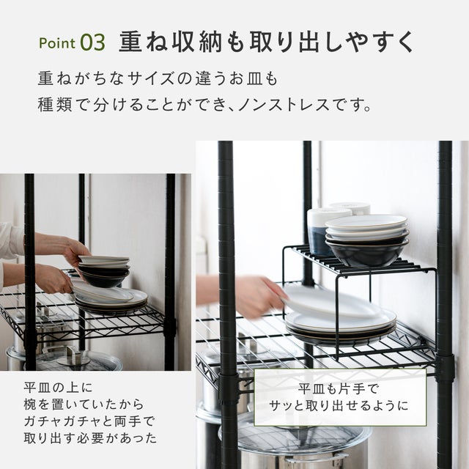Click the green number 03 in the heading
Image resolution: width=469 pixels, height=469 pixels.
93,43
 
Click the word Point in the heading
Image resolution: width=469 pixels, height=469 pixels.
57,43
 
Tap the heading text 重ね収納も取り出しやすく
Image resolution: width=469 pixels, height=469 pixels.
266,42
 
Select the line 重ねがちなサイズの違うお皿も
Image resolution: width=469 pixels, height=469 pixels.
158,78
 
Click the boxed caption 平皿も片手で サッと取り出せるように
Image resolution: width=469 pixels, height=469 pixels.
340,397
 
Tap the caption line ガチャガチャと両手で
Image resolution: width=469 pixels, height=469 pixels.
89,421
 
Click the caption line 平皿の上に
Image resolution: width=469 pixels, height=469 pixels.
59,388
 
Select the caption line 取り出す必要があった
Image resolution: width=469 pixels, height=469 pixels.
90,438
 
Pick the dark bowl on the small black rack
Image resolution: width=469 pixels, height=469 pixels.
368,253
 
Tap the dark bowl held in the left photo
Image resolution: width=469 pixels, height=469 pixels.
105,278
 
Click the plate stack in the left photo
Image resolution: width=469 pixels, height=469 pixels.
110,301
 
